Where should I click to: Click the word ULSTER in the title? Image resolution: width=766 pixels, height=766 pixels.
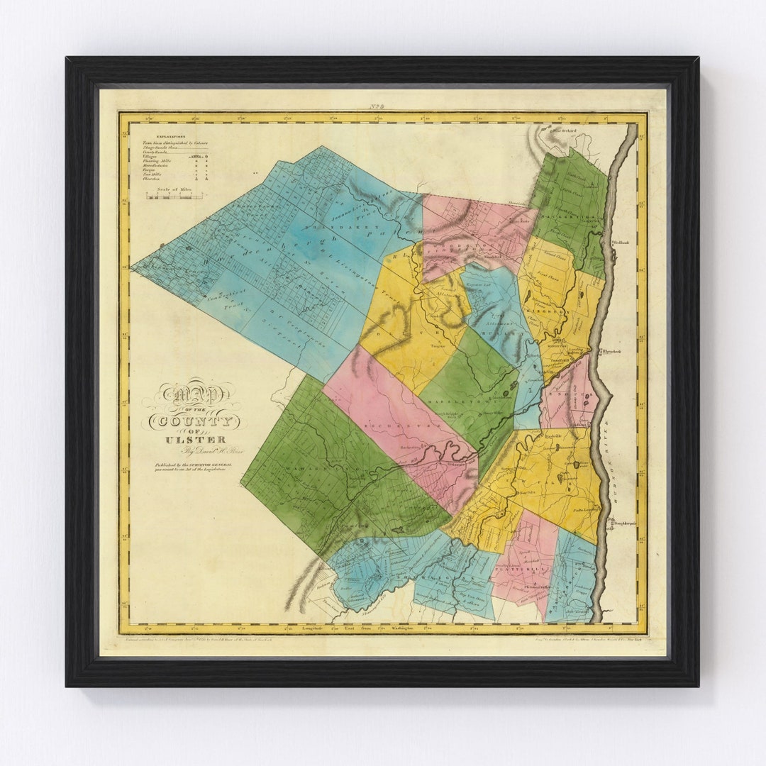[x=186, y=440]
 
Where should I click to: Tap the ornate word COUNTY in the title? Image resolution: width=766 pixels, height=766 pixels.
[x=194, y=422]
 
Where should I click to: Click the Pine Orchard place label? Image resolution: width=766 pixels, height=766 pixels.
[x=562, y=131]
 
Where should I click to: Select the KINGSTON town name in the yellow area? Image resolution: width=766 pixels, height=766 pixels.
[x=557, y=311]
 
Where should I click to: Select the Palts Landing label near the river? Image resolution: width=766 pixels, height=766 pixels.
[x=586, y=509]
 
